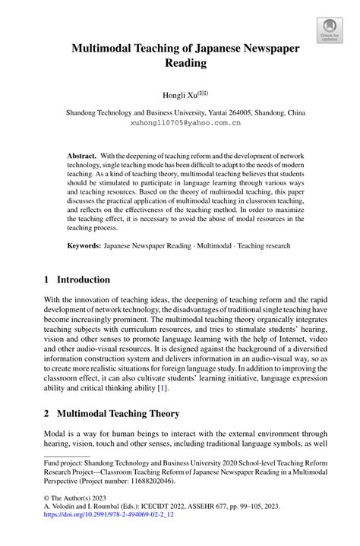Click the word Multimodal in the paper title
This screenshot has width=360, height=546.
104,49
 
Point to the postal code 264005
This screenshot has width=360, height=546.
229,112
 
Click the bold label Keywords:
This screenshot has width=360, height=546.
84,246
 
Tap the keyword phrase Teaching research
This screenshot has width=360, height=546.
264,246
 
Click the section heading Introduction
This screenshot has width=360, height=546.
87,279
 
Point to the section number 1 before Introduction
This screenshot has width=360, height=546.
48,279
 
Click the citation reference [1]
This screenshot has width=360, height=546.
161,388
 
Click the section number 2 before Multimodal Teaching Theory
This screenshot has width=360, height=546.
48,414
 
